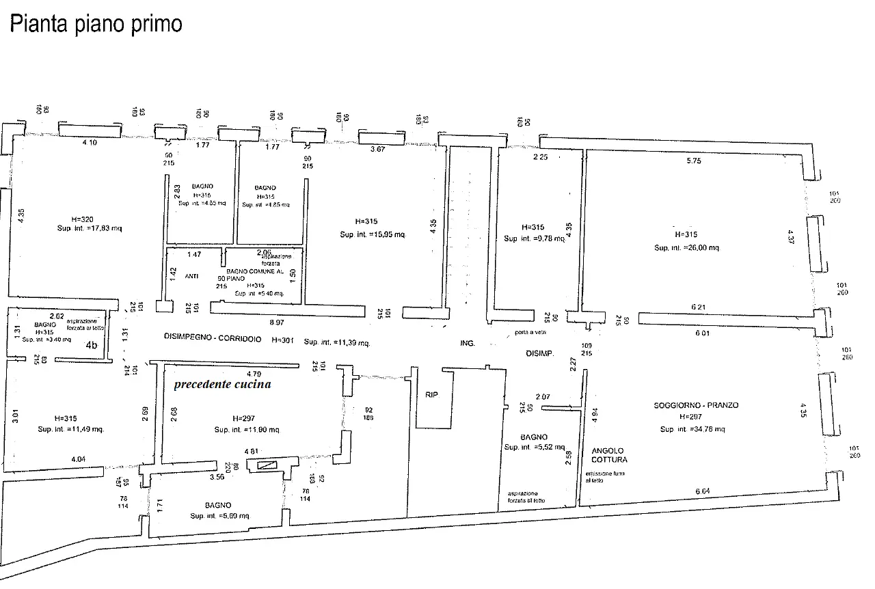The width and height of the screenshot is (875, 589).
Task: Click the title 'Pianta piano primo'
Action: tap(95, 24)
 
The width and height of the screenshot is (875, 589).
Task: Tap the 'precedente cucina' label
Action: tap(222, 384)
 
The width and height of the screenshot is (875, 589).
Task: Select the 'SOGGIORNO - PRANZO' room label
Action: tap(696, 405)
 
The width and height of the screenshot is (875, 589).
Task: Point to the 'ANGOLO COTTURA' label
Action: tap(608, 455)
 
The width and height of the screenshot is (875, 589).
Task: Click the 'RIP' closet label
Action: tap(431, 395)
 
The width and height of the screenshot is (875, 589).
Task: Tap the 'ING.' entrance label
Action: tap(468, 343)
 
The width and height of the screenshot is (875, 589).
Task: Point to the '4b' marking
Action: tap(92, 346)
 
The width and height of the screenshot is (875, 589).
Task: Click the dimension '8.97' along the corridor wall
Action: tap(276, 322)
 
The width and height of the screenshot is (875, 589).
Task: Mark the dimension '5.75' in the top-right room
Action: tap(693, 161)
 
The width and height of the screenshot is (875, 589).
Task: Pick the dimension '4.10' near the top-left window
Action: tap(90, 143)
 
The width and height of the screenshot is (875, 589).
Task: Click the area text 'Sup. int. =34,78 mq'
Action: tap(692, 429)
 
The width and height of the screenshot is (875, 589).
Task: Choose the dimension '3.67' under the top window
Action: tap(377, 149)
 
